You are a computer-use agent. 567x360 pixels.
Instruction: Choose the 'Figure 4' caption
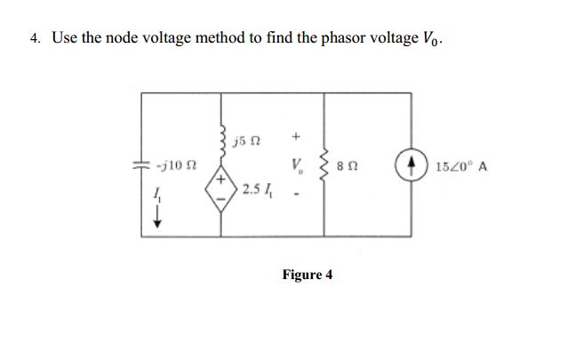click(x=307, y=275)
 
